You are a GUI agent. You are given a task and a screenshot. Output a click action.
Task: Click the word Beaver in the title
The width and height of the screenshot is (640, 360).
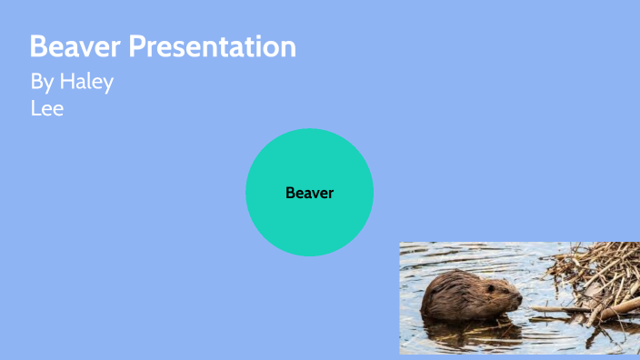74,46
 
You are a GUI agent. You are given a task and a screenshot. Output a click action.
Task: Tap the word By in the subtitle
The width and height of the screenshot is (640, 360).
43,82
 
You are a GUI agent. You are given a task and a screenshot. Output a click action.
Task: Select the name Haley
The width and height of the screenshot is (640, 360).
86,82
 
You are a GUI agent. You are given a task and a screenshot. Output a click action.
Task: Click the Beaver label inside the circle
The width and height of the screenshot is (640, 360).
309,193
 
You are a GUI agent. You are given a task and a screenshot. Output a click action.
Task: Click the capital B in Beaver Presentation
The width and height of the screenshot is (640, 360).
38,46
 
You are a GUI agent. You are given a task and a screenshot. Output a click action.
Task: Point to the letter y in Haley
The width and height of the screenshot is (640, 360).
108,84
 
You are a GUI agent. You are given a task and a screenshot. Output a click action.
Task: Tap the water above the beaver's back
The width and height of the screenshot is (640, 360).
445,256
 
